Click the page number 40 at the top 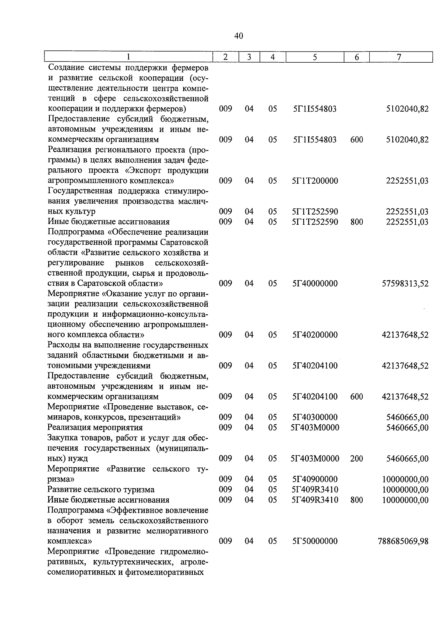[238, 36]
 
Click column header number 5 [314, 57]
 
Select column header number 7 [399, 57]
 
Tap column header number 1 [128, 57]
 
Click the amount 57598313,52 [405, 284]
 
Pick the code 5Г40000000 [315, 284]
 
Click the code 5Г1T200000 [315, 181]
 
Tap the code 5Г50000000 [315, 541]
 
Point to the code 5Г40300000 [315, 417]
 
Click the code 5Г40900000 [315, 479]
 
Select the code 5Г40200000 [315, 335]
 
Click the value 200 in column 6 [356, 459]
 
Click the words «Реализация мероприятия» [95, 428]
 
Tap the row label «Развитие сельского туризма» [101, 490]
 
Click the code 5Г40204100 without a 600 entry [315, 366]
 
